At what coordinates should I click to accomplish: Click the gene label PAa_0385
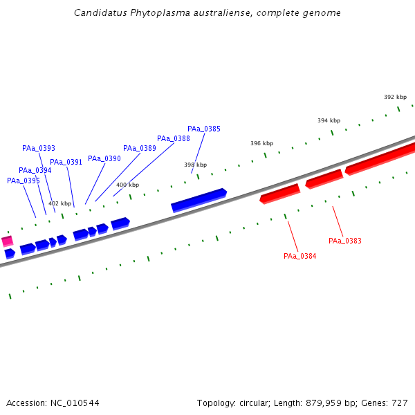click(204, 129)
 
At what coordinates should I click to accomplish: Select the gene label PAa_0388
click(174, 138)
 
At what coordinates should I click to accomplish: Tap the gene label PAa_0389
click(140, 148)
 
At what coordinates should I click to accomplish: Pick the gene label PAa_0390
click(104, 158)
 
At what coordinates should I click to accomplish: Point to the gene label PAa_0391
click(66, 162)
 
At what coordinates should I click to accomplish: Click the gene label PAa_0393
click(39, 148)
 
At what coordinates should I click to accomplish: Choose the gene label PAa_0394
click(35, 170)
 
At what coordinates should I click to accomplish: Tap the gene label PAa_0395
click(24, 181)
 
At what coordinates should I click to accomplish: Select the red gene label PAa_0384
click(300, 256)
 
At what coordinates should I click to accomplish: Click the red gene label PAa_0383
click(345, 241)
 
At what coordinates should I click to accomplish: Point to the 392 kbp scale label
click(395, 97)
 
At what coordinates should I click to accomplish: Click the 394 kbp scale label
click(329, 120)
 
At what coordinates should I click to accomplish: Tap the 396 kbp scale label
click(261, 143)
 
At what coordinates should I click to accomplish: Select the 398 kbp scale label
click(195, 165)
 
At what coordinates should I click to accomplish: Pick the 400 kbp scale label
click(127, 185)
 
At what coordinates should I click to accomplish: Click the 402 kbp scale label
click(59, 203)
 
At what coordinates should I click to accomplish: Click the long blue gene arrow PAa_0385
click(199, 199)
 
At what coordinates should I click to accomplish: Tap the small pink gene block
click(7, 241)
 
